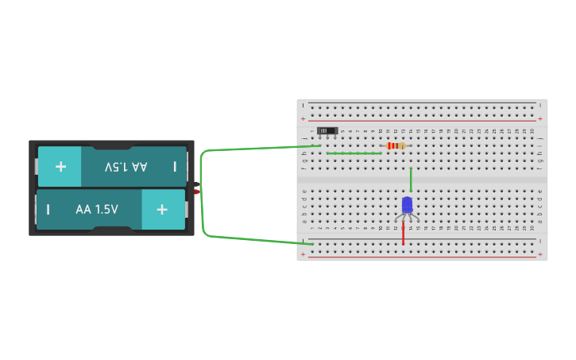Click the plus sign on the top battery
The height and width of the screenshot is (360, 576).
[60, 167]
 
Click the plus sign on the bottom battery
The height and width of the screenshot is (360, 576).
[162, 210]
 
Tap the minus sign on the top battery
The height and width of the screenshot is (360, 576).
[175, 167]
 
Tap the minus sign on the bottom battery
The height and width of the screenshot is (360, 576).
[48, 210]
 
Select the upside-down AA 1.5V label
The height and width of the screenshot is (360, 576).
[126, 167]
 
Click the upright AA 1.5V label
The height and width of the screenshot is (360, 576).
[97, 210]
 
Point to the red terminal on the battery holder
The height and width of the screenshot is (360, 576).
[196, 192]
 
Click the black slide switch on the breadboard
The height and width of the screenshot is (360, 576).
[327, 130]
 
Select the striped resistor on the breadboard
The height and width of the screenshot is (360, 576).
[395, 145]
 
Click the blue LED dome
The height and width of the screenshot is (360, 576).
[407, 205]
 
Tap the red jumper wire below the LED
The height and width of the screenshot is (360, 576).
[403, 233]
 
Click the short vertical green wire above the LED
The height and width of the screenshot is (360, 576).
[410, 180]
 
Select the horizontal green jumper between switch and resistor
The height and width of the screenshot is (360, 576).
[354, 153]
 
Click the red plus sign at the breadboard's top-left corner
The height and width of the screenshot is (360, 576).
[303, 118]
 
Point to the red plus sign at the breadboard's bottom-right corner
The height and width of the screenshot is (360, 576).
[540, 255]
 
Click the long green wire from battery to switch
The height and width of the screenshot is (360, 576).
[254, 149]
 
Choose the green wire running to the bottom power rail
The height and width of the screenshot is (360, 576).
[254, 238]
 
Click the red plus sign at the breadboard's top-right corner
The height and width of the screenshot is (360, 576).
[540, 118]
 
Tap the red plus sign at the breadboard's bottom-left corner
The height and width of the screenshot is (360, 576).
[303, 255]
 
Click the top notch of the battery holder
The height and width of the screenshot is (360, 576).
[111, 145]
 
